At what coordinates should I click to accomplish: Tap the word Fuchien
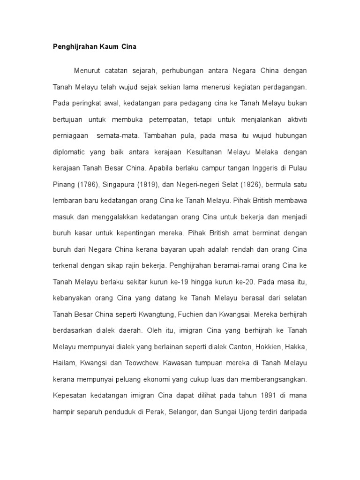pos(208,315)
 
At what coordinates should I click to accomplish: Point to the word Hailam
pos(63,363)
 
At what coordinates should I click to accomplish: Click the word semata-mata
pos(117,136)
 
